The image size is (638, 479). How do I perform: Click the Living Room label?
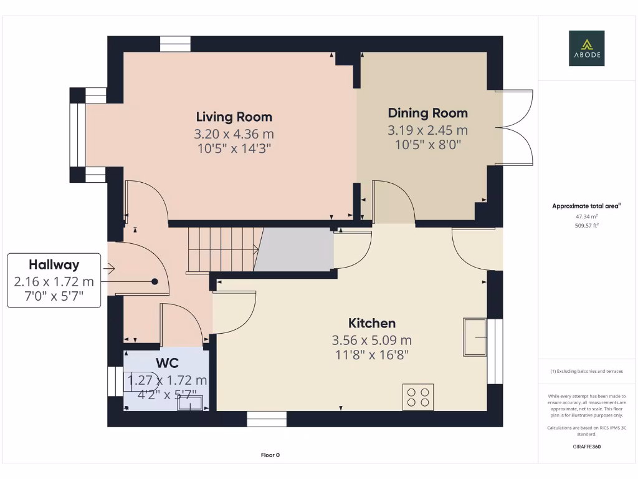coord(234,117)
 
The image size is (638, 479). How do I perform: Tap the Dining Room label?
coord(427,113)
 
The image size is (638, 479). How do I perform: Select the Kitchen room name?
coord(371,323)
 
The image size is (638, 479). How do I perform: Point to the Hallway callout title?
coord(54,264)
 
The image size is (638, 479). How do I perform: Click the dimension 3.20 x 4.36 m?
coord(234,133)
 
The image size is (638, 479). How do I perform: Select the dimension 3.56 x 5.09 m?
coord(371,340)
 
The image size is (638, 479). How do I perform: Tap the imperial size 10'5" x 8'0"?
coord(427,145)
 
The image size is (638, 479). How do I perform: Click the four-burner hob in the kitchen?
coord(418,397)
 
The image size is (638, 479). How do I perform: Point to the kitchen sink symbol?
coord(474,337)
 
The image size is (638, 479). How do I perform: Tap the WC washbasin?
coord(190,403)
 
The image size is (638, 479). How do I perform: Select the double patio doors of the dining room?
coord(515,127)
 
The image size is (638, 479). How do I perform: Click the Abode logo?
coord(586,48)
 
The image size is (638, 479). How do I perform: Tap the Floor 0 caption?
coord(270,455)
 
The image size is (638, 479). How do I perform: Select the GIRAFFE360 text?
coord(586,447)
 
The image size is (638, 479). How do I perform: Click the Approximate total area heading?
coord(586,206)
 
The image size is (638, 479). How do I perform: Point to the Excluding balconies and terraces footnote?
coord(586,371)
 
